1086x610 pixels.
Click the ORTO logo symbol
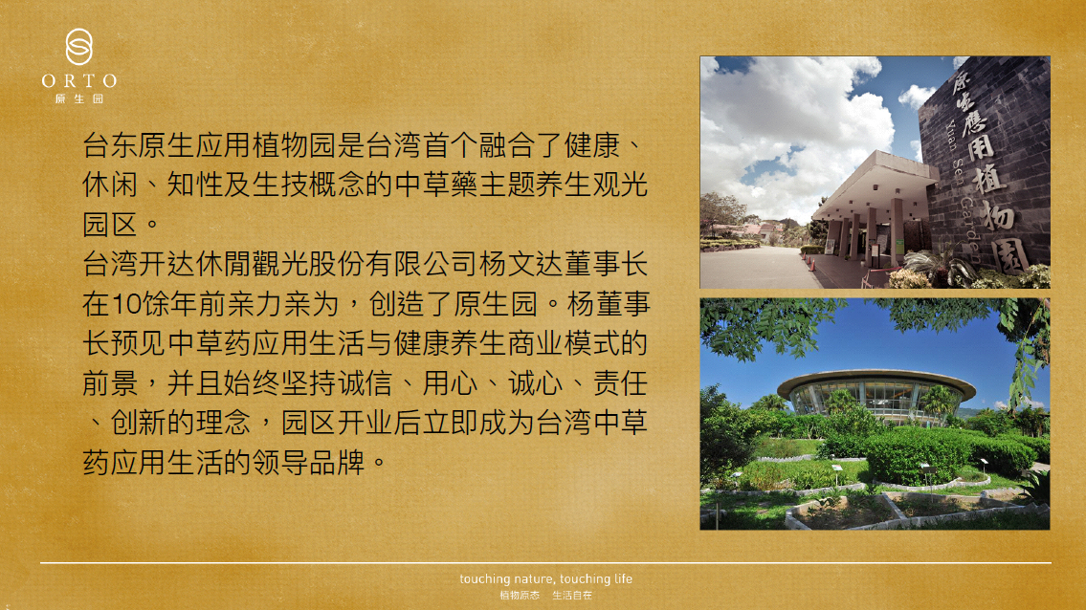click(79, 47)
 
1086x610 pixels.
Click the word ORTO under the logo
click(79, 81)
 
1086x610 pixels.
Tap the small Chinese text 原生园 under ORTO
click(79, 99)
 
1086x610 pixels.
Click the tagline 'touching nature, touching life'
click(545, 578)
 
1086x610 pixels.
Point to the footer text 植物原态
click(520, 596)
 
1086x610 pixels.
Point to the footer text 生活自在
click(572, 596)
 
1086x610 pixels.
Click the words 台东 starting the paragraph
click(110, 145)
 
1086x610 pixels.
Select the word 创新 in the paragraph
click(139, 423)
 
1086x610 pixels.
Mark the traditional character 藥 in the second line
click(465, 185)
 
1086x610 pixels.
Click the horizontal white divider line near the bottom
click(545, 563)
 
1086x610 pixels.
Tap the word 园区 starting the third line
click(110, 225)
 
